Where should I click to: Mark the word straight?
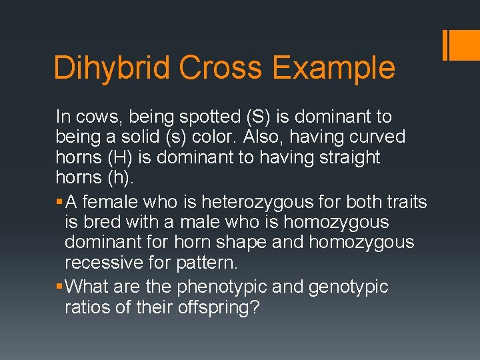[x=349, y=158]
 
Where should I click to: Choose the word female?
[x=109, y=202]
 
